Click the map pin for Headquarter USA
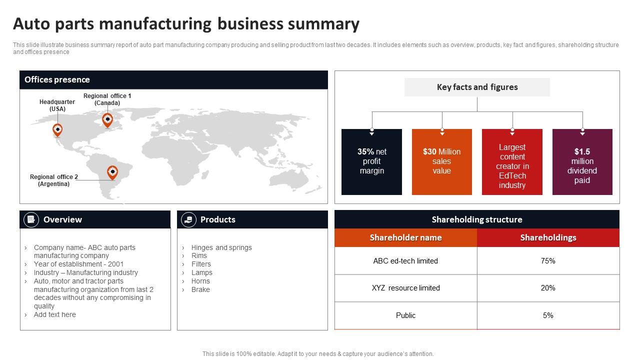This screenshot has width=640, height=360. pos(57,130)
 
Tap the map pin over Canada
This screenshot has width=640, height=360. pos(107,120)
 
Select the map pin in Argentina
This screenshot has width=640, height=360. pos(112,172)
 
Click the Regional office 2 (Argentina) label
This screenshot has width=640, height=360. pos(54,180)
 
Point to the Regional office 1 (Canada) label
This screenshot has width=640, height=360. pos(107,99)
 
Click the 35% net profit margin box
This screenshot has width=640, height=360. pos(371,161)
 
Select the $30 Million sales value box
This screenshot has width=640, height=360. pos(441,161)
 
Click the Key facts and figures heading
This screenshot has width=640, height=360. pos(477,87)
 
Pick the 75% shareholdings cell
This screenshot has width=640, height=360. pos(548,261)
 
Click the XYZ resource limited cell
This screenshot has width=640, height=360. pos(405,288)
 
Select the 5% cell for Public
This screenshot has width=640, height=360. pos(548,315)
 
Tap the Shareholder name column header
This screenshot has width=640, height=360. pos(405,237)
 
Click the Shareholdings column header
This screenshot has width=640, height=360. pos(548,237)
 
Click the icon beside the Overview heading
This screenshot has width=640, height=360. pos(31,219)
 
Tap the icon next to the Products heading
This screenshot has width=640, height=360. pos(188,219)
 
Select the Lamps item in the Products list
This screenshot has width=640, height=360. pos(201,272)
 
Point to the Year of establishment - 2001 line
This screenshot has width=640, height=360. pos(78,264)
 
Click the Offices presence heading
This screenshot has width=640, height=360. pos(57,79)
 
